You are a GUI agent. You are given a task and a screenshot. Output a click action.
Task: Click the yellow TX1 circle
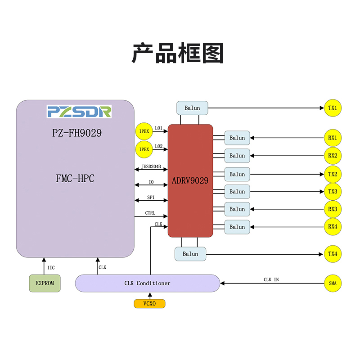click(333, 108)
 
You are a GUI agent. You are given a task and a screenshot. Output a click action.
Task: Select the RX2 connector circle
click(333, 156)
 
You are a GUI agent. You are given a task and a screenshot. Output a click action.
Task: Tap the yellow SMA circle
click(333, 283)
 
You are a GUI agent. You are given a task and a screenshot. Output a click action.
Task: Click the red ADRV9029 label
click(190, 181)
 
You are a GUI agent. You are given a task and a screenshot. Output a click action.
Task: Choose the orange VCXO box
click(149, 304)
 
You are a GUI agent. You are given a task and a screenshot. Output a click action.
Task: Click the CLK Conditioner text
click(147, 283)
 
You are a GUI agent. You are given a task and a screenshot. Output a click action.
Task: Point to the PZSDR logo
click(79, 112)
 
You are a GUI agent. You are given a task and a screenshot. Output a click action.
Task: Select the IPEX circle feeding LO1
click(144, 131)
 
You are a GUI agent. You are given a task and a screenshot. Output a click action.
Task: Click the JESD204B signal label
click(151, 166)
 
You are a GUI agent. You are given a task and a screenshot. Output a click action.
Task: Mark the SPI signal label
click(151, 197)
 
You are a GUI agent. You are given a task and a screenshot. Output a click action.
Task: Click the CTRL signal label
click(151, 213)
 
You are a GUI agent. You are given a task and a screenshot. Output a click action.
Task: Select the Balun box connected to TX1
click(192, 108)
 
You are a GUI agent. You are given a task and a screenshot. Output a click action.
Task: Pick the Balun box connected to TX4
click(190, 254)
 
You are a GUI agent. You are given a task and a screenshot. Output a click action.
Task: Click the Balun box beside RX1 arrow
click(237, 138)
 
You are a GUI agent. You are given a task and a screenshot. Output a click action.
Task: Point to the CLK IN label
click(271, 279)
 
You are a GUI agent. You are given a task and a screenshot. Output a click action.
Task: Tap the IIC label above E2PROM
click(51, 268)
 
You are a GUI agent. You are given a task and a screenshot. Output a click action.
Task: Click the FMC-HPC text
click(75, 179)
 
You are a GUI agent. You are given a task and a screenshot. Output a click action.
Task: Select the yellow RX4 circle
click(333, 227)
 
